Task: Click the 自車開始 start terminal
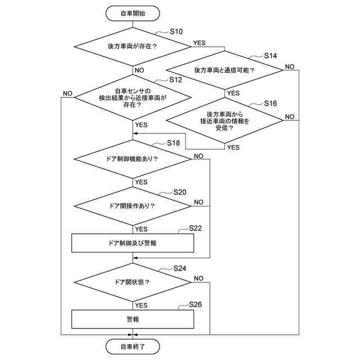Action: click(132, 13)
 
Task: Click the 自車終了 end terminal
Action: click(132, 346)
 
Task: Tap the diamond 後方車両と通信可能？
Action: click(224, 70)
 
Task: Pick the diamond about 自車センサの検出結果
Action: click(132, 97)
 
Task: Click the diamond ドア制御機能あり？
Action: click(132, 159)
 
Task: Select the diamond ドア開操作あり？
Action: click(132, 205)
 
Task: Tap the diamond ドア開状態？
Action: click(132, 282)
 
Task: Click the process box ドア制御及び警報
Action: click(132, 243)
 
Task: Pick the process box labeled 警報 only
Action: click(132, 319)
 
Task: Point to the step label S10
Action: click(175, 32)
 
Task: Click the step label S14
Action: click(271, 57)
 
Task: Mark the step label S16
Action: click(271, 104)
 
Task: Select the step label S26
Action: click(195, 304)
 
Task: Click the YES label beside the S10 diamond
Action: click(199, 43)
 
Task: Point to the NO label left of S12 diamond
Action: click(67, 93)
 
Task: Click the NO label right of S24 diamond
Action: click(199, 278)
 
